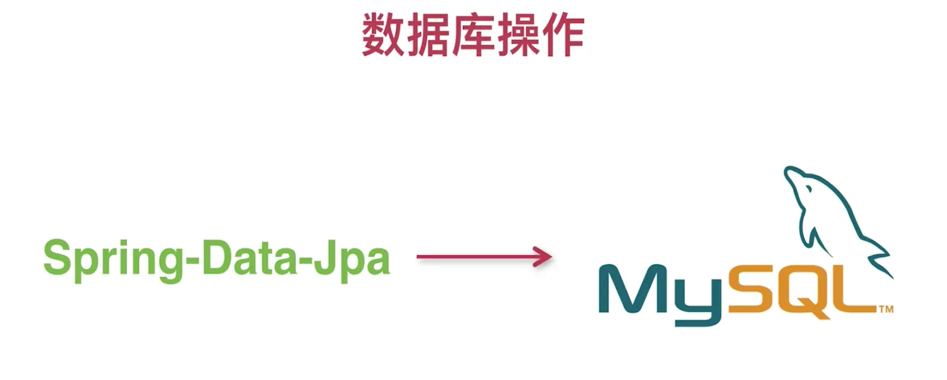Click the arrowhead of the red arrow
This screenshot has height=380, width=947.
click(x=544, y=257)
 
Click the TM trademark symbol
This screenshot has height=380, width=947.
click(x=886, y=309)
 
